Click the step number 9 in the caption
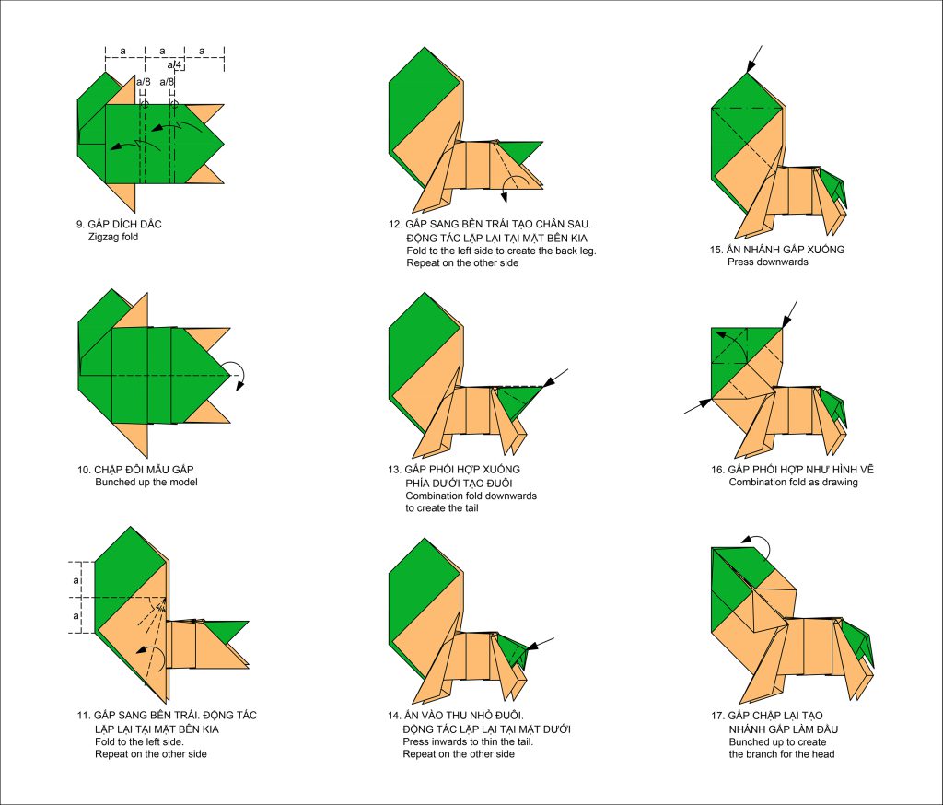[x=80, y=225]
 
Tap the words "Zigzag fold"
[x=113, y=237]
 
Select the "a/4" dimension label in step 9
[x=174, y=64]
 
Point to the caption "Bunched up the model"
[x=146, y=482]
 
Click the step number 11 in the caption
[x=83, y=716]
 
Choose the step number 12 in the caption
[x=394, y=225]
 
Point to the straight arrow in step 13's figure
[x=556, y=378]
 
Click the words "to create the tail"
[x=442, y=508]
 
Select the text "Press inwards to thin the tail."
[x=468, y=741]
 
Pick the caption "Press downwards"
[x=768, y=262]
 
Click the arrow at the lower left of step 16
[x=698, y=406]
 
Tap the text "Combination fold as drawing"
[x=793, y=482]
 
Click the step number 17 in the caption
[x=717, y=716]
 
